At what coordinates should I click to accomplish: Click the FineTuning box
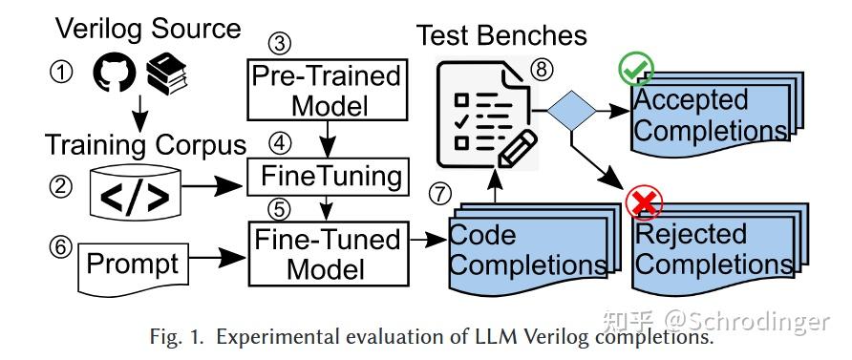tap(328, 177)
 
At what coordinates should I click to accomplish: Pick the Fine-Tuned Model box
tap(327, 253)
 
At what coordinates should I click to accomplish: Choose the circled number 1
tap(64, 74)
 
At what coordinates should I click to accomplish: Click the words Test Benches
tap(501, 35)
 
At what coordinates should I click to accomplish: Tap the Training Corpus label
tap(145, 146)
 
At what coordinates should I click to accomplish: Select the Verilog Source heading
tap(147, 28)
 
